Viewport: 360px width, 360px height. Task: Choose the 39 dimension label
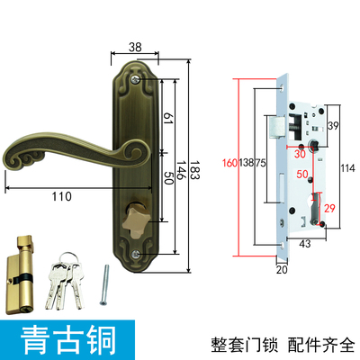(333, 127)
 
